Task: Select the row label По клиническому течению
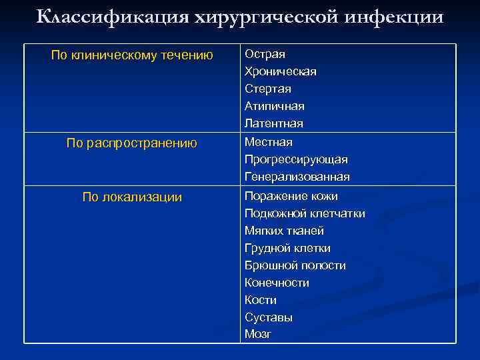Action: click(x=132, y=55)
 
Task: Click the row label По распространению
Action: click(x=132, y=143)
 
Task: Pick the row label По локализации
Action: click(x=132, y=197)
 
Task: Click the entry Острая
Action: click(x=265, y=54)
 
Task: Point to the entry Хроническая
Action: click(x=280, y=71)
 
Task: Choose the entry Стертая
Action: click(x=267, y=89)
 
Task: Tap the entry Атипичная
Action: click(x=274, y=106)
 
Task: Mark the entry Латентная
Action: click(x=273, y=123)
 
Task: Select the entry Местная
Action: click(x=268, y=142)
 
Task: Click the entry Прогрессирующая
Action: click(x=296, y=160)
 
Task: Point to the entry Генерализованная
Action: click(x=297, y=177)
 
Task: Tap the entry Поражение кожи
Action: click(x=291, y=197)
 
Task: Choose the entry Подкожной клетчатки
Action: click(x=305, y=214)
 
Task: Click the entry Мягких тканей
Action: click(x=284, y=231)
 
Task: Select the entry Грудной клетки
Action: click(x=287, y=249)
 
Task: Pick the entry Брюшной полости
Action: click(x=295, y=266)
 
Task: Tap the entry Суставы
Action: click(x=268, y=318)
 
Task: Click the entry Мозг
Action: click(x=258, y=335)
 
